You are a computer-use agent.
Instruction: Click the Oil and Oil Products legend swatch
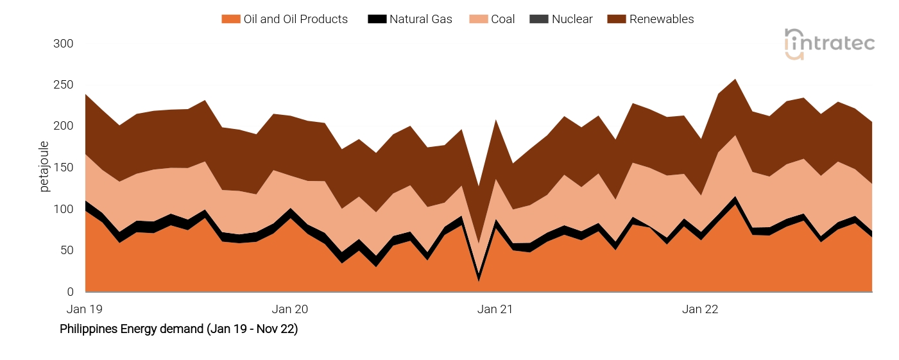[230, 19]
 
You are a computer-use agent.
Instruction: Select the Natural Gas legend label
[420, 19]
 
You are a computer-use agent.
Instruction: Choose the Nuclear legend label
[572, 19]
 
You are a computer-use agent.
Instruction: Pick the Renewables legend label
[661, 19]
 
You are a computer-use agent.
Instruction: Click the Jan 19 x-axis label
[85, 309]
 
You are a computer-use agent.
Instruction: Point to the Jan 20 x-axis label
[290, 309]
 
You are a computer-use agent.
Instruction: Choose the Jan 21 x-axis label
[495, 309]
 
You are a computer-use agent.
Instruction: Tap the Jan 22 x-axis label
[700, 309]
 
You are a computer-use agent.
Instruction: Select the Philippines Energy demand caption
[178, 329]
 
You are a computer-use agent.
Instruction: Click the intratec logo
[829, 44]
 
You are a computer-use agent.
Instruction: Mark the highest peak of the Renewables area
[735, 80]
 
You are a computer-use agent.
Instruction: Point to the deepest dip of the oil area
[478, 280]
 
